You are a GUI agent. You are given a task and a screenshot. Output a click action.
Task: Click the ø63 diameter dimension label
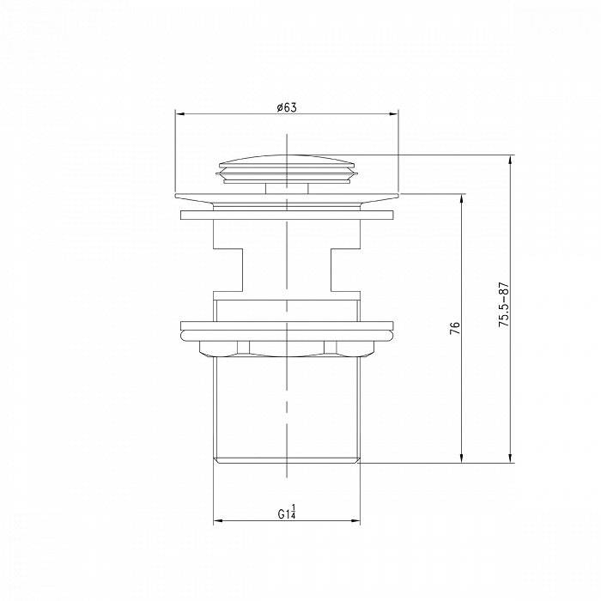(287, 107)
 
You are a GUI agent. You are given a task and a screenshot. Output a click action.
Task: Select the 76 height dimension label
(454, 328)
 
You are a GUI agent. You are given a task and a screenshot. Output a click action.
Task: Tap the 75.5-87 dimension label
(503, 304)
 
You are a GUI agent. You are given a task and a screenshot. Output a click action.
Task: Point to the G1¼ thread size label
(287, 512)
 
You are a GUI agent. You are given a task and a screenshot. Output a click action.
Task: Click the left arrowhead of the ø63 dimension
(179, 114)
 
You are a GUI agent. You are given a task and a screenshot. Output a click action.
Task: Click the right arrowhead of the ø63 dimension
(393, 114)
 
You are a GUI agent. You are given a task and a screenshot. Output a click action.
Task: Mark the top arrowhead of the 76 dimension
(462, 199)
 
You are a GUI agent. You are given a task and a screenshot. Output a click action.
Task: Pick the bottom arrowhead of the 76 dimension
(462, 458)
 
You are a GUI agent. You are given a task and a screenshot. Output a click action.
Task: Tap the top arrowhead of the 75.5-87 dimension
(510, 161)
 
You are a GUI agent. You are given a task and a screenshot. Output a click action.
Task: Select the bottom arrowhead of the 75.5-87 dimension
(510, 458)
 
